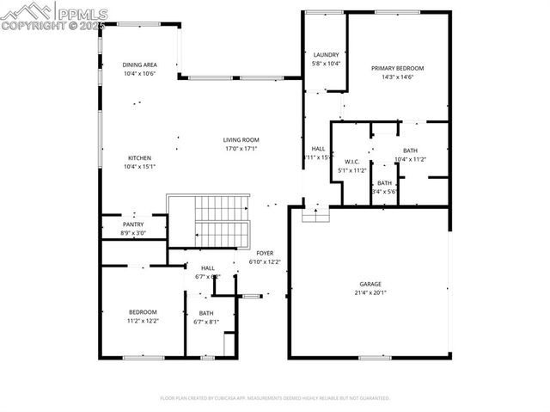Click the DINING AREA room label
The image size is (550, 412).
(139, 65)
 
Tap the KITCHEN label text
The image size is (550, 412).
(139, 157)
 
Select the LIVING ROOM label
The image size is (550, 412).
(241, 139)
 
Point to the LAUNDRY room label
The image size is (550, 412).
(326, 54)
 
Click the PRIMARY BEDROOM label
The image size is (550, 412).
(397, 68)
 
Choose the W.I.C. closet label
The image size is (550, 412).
(351, 162)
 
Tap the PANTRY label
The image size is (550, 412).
(133, 224)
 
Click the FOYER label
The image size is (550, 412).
(265, 253)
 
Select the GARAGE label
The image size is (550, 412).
(370, 283)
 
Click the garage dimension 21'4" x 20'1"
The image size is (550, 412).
(370, 292)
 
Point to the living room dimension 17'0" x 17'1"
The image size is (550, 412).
(241, 148)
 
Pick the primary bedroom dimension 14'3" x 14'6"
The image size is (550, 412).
(397, 77)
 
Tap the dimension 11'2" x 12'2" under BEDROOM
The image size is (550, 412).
(143, 320)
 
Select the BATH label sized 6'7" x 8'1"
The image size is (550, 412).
(206, 313)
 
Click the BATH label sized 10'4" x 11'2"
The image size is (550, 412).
(410, 151)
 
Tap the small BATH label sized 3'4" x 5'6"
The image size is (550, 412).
(384, 182)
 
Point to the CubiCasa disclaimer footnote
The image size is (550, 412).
(275, 398)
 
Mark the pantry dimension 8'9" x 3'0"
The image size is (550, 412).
(134, 233)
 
